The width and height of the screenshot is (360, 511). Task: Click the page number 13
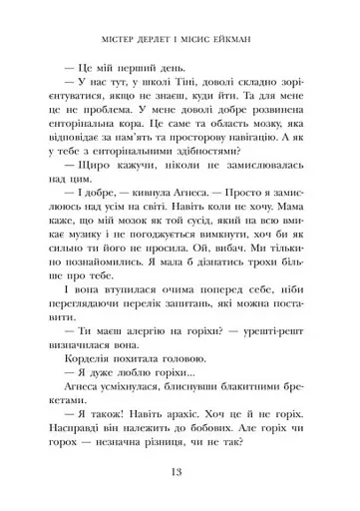[180, 472]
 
